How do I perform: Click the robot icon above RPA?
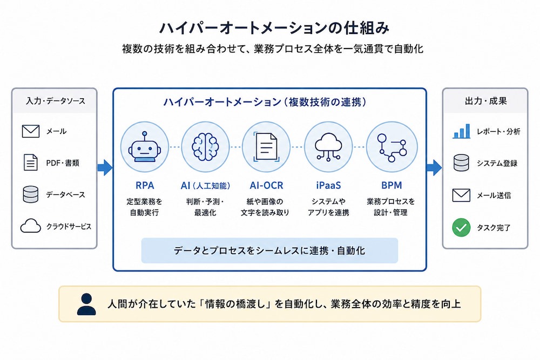(x=145, y=147)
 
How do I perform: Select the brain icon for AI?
(x=205, y=147)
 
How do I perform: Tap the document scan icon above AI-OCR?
(x=266, y=147)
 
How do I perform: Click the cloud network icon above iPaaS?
(x=328, y=147)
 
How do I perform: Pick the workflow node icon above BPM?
(x=391, y=147)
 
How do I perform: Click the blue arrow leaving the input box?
(x=105, y=168)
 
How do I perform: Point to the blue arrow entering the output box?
(x=434, y=168)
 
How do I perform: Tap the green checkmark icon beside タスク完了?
(x=461, y=227)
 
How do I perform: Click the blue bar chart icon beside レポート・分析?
(x=462, y=131)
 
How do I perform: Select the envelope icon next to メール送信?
(x=461, y=195)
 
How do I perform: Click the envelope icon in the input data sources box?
(x=31, y=131)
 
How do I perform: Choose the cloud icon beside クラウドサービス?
(x=31, y=226)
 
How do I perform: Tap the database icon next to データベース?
(x=31, y=194)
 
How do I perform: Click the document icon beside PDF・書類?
(x=31, y=162)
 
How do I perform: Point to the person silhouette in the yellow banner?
(x=86, y=304)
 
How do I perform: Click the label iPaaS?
(x=328, y=186)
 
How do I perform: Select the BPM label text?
(x=391, y=186)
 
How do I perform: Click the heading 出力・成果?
(x=485, y=101)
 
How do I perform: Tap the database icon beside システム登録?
(x=461, y=163)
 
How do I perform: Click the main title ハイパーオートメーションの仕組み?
(x=274, y=28)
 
